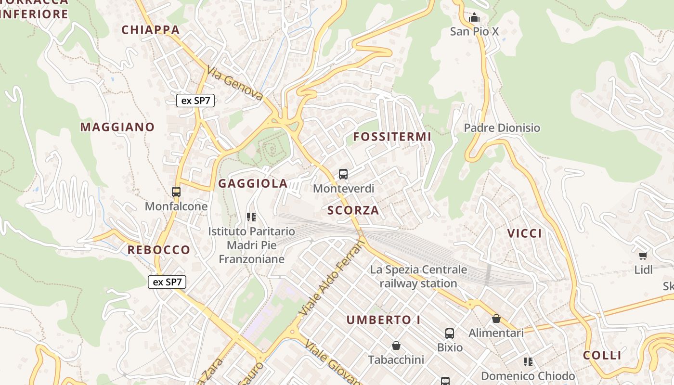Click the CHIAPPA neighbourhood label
tap(150, 30)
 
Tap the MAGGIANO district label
tap(117, 127)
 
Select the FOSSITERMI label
tap(392, 137)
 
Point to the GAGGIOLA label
tap(253, 183)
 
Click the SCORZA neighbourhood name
tap(353, 210)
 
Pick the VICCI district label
tap(525, 234)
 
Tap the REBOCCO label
tap(159, 250)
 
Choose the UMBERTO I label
tap(383, 320)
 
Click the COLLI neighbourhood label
tap(602, 356)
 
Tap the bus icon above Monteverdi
tap(343, 174)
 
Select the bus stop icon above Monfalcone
tap(176, 192)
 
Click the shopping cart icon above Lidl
tap(643, 255)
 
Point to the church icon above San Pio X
tap(474, 17)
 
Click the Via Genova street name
tap(235, 84)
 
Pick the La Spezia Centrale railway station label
tap(418, 276)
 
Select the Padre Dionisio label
tap(502, 128)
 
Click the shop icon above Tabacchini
tap(396, 346)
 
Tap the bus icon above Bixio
tap(449, 333)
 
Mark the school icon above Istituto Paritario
tap(251, 217)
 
